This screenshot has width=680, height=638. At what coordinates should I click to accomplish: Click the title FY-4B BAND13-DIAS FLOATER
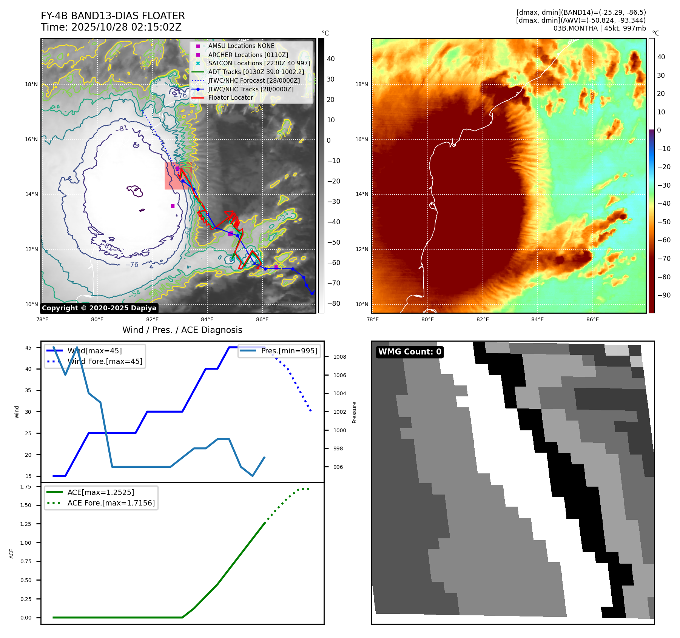coord(113,16)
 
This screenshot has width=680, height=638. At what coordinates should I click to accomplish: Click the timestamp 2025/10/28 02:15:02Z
coord(126,27)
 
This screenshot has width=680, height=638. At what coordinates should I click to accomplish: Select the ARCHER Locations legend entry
coord(248,55)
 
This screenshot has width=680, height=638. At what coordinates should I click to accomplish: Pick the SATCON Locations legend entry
coord(259,63)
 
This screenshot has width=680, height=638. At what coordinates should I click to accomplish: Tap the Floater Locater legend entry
coord(230,97)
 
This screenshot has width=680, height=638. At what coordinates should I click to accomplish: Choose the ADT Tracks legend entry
coord(256,72)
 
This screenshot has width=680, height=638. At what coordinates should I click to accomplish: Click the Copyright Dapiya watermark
coord(99,308)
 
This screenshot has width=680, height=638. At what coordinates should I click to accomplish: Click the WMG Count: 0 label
coord(410,352)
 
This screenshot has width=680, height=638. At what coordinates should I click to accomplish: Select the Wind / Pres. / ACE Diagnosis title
coord(182,330)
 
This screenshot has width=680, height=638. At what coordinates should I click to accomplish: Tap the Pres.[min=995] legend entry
coord(289,351)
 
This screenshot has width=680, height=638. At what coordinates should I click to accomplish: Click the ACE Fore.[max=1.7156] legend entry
coord(111,503)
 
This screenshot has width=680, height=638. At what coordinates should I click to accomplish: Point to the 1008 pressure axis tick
coord(339,357)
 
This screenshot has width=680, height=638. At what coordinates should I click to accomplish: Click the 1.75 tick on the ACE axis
coord(26,487)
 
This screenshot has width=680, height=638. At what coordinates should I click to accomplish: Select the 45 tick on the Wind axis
coord(28,348)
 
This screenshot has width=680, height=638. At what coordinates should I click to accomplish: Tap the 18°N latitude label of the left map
coord(31,84)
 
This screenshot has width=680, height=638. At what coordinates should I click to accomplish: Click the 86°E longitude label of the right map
coord(592,319)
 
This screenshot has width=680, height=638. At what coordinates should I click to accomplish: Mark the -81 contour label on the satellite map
coord(122,129)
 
